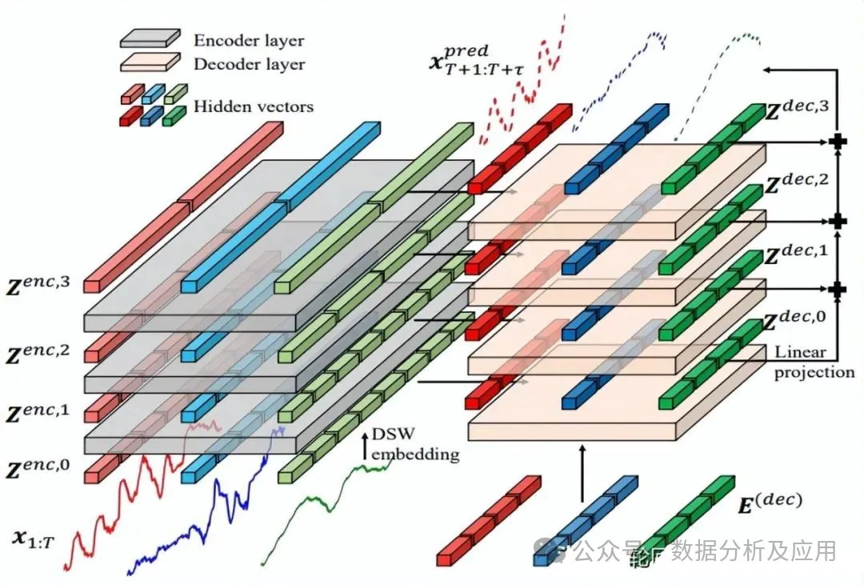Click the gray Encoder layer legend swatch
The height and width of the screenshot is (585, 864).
pos(150,37)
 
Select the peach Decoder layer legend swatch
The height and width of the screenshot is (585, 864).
pos(150,62)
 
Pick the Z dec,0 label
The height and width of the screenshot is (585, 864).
pos(796,321)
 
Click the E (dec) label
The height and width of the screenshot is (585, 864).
pos(769,503)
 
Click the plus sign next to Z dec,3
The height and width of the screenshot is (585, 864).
pos(838,142)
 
